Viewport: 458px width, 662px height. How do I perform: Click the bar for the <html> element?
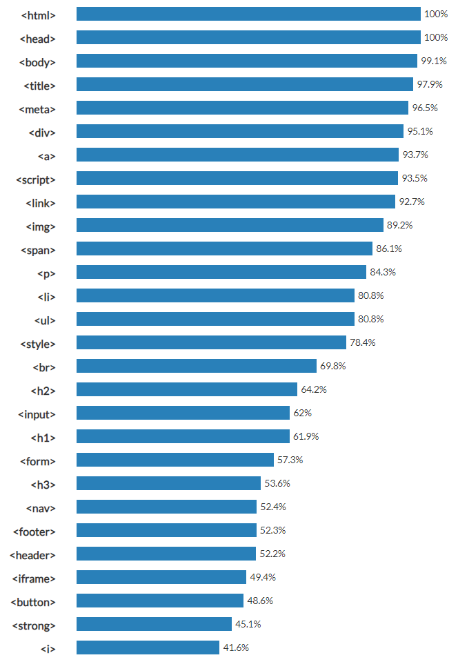point(248,14)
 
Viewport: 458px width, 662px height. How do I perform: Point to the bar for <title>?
point(244,84)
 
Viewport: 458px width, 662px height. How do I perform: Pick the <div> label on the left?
point(42,133)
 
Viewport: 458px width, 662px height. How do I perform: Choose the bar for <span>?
point(224,249)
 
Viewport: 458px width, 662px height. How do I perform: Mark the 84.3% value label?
point(383,272)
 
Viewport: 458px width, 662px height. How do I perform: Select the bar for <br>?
point(196,366)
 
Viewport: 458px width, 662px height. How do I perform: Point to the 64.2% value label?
point(314,389)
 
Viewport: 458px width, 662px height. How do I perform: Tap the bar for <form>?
point(175,460)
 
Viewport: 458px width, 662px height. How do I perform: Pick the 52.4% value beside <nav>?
point(273,507)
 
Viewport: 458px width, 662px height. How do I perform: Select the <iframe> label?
point(34,578)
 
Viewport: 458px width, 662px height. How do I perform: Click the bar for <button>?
point(160,601)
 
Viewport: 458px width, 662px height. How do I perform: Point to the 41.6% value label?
point(236,648)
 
